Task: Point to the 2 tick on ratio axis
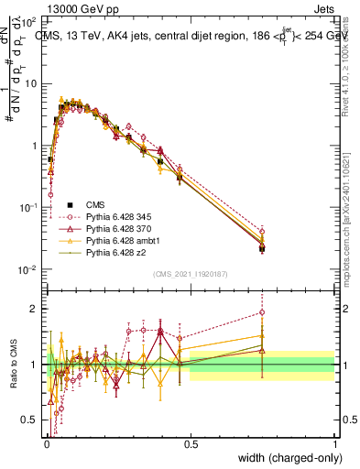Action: (34, 309)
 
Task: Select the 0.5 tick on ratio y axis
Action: (30, 420)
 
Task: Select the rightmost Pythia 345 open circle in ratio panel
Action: (262, 312)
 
